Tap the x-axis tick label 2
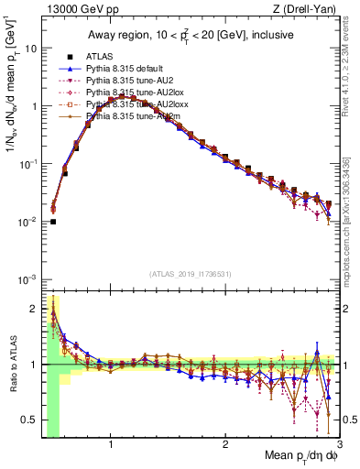pyautogui.click(x=225, y=446)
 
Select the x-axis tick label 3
pyautogui.click(x=339, y=446)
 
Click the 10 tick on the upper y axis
pyautogui.click(x=31, y=49)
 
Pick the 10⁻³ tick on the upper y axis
pyautogui.click(x=27, y=278)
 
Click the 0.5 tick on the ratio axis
pyautogui.click(x=28, y=420)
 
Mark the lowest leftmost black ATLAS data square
pyautogui.click(x=53, y=222)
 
